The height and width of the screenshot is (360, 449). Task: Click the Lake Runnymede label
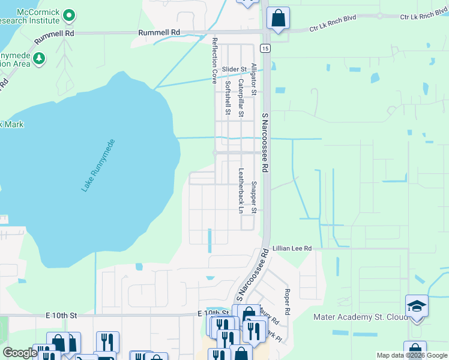click(x=98, y=166)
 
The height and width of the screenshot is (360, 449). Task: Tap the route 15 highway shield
click(x=264, y=47)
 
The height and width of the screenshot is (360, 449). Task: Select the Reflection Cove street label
click(x=214, y=60)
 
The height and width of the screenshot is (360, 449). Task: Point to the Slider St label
click(x=234, y=70)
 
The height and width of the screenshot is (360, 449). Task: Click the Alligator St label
click(x=254, y=79)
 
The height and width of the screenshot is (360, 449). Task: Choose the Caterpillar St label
click(x=241, y=98)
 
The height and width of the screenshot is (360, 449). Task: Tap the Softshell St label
click(x=228, y=98)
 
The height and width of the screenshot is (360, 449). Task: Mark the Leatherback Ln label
click(x=241, y=190)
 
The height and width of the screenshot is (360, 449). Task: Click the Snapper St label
click(x=254, y=197)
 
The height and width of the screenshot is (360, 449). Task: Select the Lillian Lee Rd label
click(x=292, y=248)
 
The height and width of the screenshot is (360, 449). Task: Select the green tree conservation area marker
click(x=39, y=58)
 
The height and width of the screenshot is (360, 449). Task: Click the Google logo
click(x=20, y=353)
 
